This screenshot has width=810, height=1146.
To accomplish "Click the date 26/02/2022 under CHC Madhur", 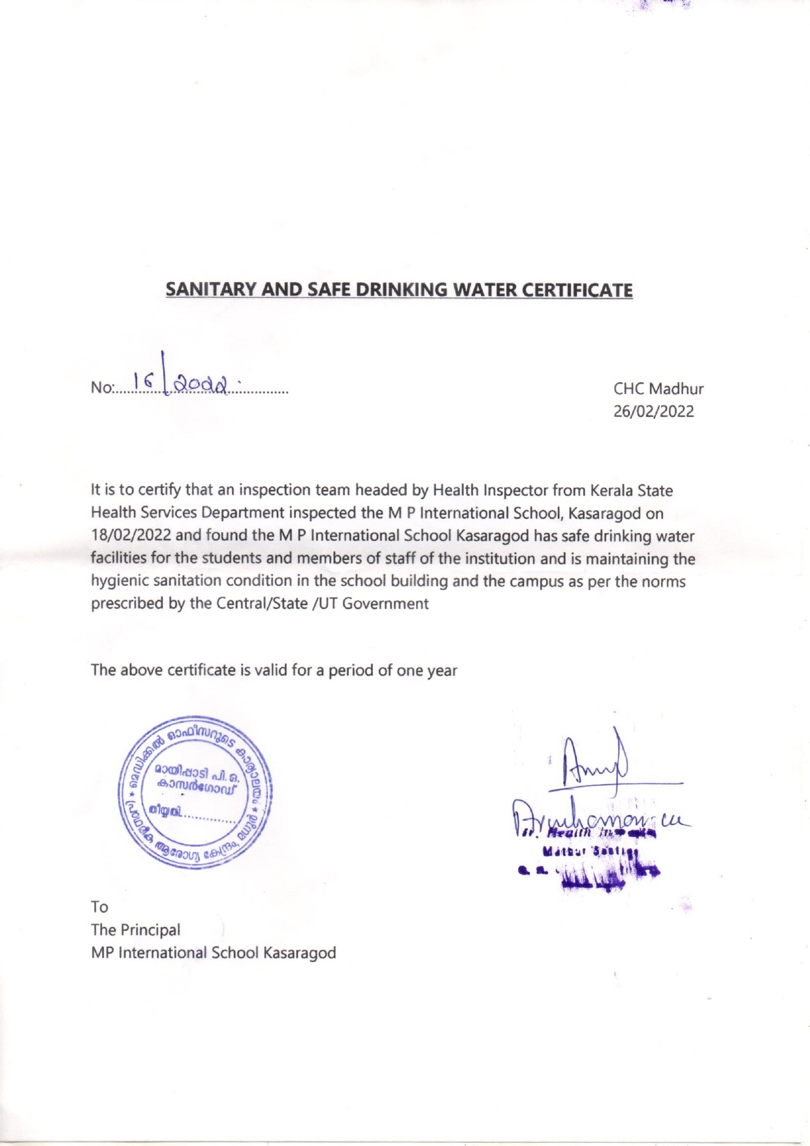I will (x=653, y=412).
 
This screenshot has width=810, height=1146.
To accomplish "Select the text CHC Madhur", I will (x=658, y=389).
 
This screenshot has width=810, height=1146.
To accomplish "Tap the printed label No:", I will (x=102, y=387).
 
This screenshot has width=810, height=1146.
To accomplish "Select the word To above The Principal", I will (x=99, y=907).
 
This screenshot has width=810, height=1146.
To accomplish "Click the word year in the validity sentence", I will (x=442, y=670).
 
